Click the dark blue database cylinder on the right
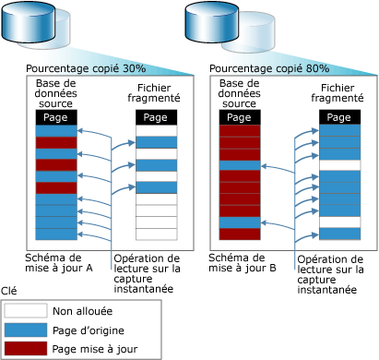212,23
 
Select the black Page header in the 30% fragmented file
155,117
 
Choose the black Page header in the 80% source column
239,117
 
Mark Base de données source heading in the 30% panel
57,92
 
